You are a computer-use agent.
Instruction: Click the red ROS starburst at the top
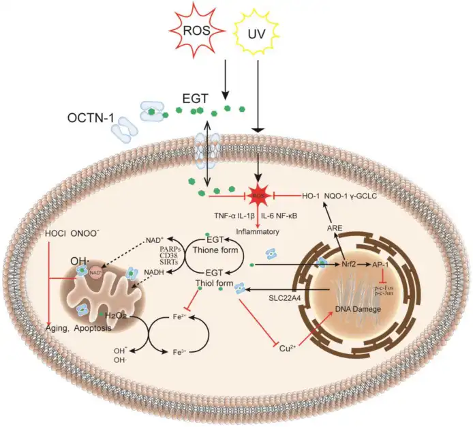pos(196,31)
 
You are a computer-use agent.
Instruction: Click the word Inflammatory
pos(258,232)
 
